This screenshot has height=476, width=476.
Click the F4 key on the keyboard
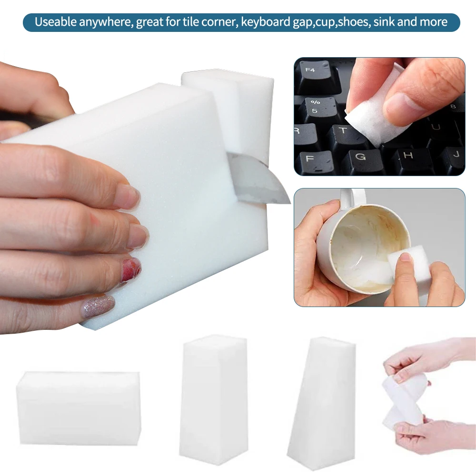click(312, 72)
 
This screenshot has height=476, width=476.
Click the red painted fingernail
click(131, 270)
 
